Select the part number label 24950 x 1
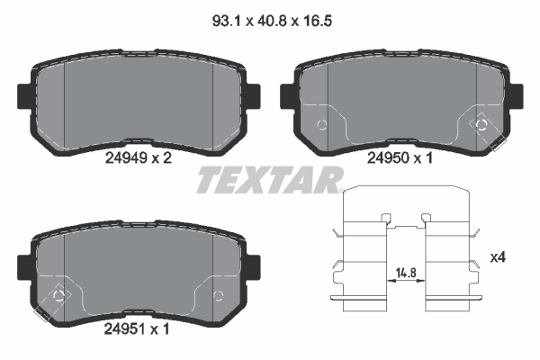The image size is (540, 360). (401, 157)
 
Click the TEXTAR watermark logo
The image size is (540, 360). (270, 180)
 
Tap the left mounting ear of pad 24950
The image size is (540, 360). (287, 94)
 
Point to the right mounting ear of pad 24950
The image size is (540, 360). (518, 94)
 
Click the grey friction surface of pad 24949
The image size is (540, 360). (139, 99)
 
